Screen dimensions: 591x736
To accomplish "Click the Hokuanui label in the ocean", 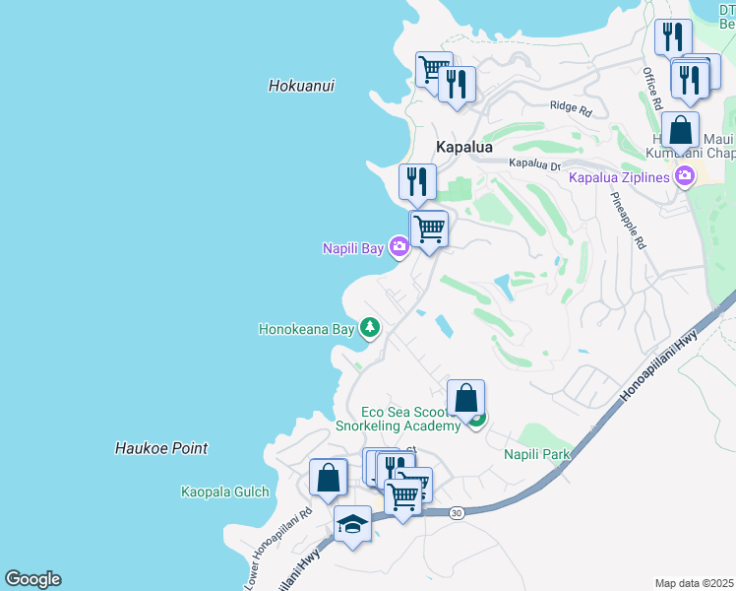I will [301, 86].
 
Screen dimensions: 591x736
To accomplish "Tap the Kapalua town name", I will [463, 146].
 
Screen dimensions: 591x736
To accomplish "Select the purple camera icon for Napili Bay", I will [399, 247].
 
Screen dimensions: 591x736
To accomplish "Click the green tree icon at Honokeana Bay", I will [369, 327].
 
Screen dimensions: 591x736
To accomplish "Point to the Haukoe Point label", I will [160, 448].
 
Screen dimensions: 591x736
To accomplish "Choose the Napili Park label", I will [537, 454].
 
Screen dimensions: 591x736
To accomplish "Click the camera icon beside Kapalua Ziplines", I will [685, 177].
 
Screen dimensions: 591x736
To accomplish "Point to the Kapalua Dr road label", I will [534, 164].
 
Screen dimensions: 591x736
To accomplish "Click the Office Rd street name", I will [650, 89].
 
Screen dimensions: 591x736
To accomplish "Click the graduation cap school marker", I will [352, 523].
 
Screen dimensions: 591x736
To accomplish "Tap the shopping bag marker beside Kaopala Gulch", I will [328, 477].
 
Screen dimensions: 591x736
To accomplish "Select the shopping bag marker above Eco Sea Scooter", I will [465, 397].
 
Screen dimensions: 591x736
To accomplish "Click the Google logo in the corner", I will [32, 579].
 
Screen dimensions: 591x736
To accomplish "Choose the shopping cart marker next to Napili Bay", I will [428, 229].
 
